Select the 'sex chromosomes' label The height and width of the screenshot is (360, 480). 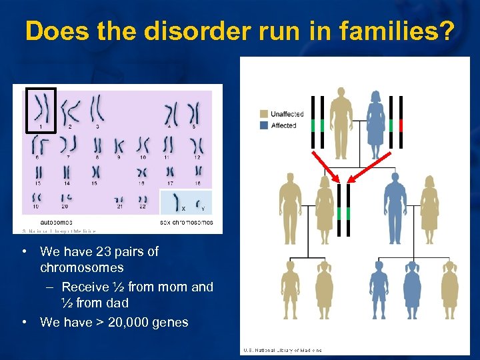(x=187, y=222)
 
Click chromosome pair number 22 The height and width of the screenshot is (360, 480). (x=143, y=200)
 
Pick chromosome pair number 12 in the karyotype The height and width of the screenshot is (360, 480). (x=196, y=145)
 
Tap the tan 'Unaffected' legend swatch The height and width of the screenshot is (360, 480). (x=265, y=115)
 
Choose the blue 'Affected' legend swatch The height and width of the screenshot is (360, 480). (x=265, y=125)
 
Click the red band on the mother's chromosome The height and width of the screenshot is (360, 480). (x=401, y=125)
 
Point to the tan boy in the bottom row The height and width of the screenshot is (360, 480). (x=291, y=290)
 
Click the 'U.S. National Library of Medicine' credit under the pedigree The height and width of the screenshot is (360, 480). (x=283, y=350)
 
